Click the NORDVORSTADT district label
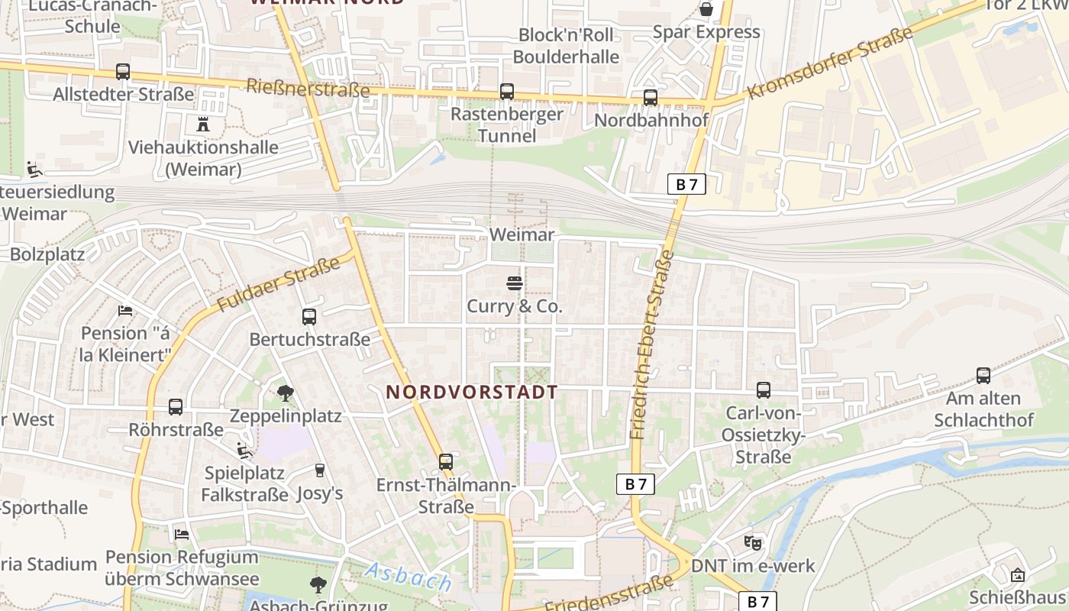pos(471,392)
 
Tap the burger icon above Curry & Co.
pos(514,284)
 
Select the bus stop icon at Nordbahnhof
pos(650,98)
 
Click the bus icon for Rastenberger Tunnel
pos(506,92)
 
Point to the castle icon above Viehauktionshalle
pos(203,124)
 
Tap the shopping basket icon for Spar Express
pos(706,9)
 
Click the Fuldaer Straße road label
pos(279,284)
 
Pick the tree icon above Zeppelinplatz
pos(286,393)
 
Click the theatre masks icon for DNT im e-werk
pos(753,543)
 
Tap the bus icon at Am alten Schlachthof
pos(983,376)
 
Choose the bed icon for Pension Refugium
pos(182,534)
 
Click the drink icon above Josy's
pos(319,470)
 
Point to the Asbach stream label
pos(408,577)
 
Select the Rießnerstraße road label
pos(308,88)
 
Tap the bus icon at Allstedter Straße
pos(123,72)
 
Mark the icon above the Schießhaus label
pos(1017,575)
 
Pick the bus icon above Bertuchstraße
pos(309,316)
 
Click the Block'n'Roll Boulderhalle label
pos(566,46)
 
